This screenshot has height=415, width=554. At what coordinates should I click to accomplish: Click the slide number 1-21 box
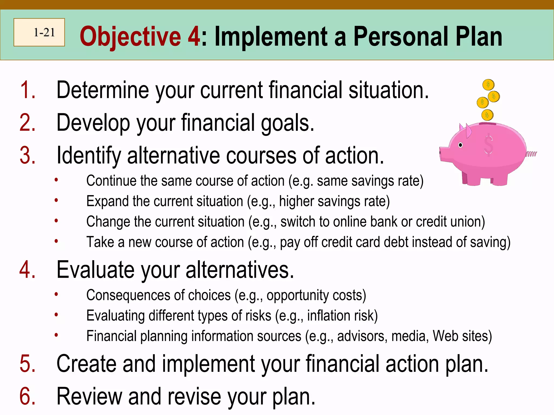(39, 32)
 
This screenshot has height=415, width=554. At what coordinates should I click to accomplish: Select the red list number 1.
(27, 90)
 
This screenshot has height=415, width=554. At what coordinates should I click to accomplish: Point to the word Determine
(103, 90)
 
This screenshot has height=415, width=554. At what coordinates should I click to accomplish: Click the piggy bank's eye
(460, 145)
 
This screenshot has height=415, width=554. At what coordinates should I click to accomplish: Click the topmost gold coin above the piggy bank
(488, 85)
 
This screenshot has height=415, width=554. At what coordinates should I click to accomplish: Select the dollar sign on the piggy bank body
(489, 145)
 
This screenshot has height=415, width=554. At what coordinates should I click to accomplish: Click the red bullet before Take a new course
(56, 241)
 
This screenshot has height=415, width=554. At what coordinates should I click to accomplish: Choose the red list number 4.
(27, 270)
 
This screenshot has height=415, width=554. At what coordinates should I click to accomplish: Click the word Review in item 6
(89, 397)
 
